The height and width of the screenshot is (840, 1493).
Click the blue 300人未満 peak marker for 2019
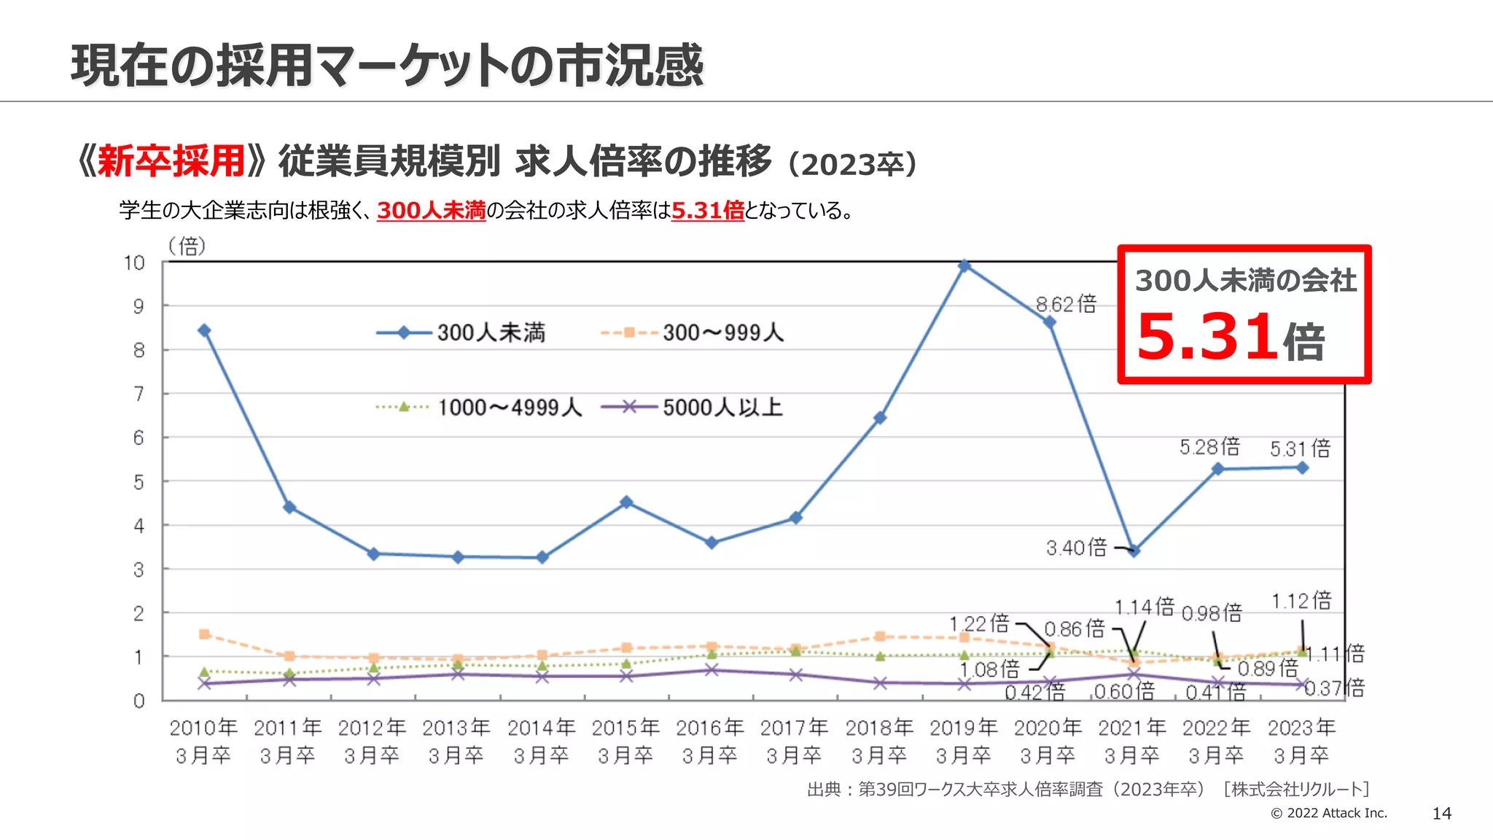tap(964, 266)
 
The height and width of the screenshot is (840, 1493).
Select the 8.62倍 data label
tap(1066, 304)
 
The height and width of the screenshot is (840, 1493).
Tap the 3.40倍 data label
tap(1076, 548)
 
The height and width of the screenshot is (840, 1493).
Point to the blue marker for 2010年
tap(205, 330)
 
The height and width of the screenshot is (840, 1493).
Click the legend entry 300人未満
tap(491, 333)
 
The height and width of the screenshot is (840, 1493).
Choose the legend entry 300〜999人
tap(722, 333)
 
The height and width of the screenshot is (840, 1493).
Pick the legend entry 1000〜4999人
tap(509, 408)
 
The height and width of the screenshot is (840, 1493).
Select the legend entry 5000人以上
tap(722, 408)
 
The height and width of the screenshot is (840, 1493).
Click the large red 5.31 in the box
tap(1206, 338)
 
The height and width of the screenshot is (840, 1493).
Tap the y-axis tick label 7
tap(139, 394)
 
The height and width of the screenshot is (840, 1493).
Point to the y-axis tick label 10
tap(134, 262)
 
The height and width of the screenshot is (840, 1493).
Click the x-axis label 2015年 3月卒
tap(625, 741)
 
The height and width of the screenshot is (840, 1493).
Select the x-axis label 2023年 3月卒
tap(1301, 741)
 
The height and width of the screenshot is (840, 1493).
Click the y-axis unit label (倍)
tap(187, 246)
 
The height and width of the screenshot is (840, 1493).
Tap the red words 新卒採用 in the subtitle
tap(171, 161)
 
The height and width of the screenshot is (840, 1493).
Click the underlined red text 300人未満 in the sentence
tap(431, 211)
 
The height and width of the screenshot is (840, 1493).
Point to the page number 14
tap(1441, 814)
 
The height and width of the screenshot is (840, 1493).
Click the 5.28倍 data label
tap(1209, 447)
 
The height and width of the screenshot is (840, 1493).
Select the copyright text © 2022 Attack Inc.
tap(1328, 813)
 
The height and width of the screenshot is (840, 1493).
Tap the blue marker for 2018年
tap(880, 418)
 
